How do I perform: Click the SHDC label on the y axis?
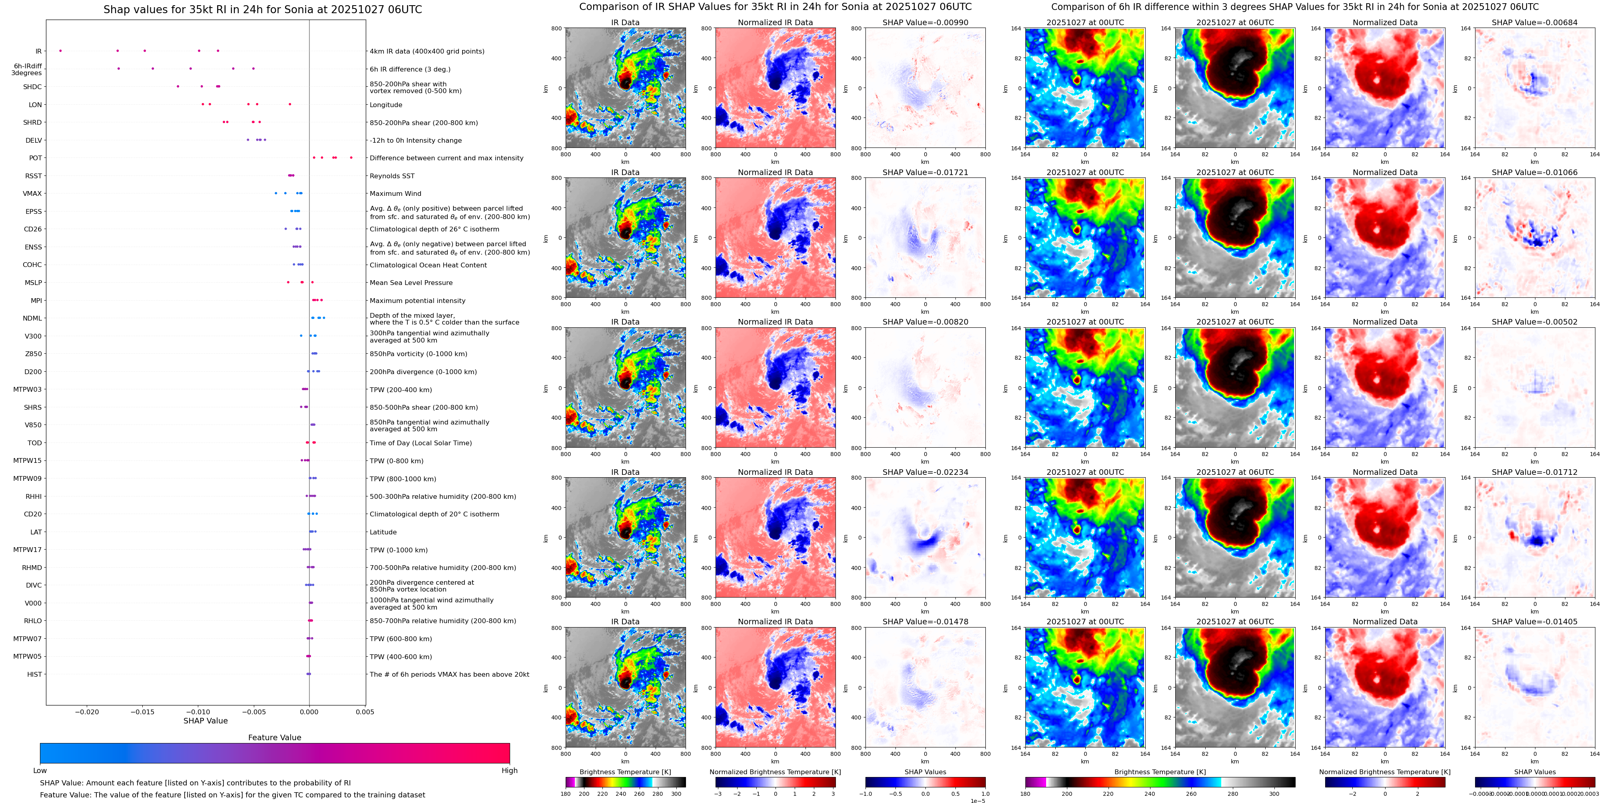pyautogui.click(x=32, y=87)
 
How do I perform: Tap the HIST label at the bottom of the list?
pyautogui.click(x=34, y=674)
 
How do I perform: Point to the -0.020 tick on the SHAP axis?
pyautogui.click(x=87, y=712)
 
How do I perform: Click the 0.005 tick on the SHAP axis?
pyautogui.click(x=365, y=712)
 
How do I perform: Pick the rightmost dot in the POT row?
pyautogui.click(x=351, y=157)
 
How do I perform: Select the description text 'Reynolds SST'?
pyautogui.click(x=392, y=176)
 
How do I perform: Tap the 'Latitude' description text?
pyautogui.click(x=383, y=532)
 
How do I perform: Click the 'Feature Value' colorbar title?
pyautogui.click(x=275, y=737)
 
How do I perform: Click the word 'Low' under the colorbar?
pyautogui.click(x=40, y=771)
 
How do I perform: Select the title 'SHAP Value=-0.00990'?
pyautogui.click(x=925, y=22)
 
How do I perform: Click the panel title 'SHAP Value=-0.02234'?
pyautogui.click(x=925, y=472)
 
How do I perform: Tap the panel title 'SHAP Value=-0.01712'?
pyautogui.click(x=1535, y=472)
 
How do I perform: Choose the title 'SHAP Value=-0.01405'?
pyautogui.click(x=1535, y=622)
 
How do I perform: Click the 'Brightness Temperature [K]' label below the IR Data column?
pyautogui.click(x=625, y=772)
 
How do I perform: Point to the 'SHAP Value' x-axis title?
pyautogui.click(x=205, y=721)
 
